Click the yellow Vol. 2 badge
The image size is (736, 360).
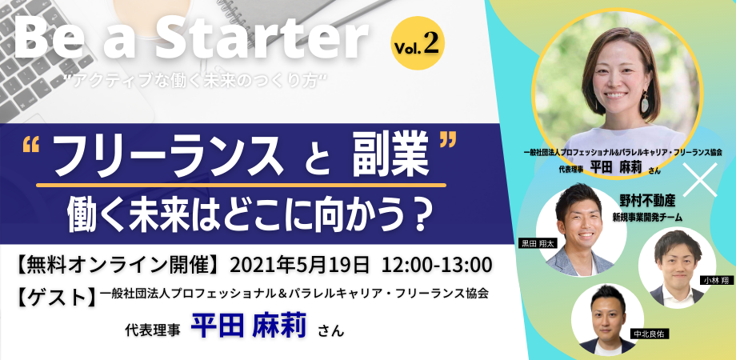418,43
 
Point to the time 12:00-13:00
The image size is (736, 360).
437,265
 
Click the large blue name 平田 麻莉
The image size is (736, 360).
248,326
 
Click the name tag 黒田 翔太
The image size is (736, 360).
535,243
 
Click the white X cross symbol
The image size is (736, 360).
700,179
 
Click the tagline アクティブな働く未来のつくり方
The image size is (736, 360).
197,81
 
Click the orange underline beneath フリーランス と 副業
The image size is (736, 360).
241,186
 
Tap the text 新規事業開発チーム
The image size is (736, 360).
647,218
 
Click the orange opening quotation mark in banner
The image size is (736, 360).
30,146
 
